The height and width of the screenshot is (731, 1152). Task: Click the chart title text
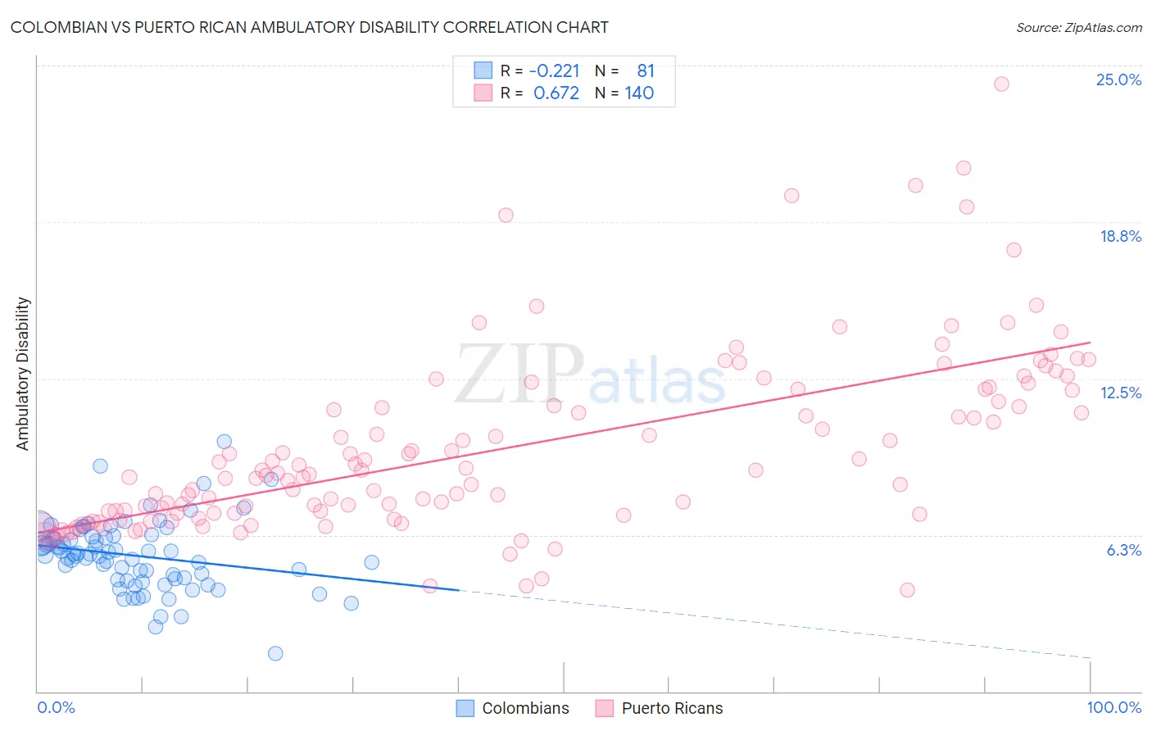tap(309, 27)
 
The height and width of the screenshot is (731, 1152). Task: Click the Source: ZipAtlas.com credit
tap(1078, 27)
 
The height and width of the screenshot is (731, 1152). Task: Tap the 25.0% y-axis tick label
tap(1118, 79)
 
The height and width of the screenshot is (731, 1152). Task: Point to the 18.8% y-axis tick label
tap(1120, 236)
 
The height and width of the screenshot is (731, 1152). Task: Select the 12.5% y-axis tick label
tap(1120, 393)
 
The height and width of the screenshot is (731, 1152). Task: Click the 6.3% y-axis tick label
tap(1123, 550)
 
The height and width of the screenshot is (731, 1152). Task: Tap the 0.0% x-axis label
tap(56, 708)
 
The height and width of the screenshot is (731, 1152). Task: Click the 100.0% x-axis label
tap(1113, 708)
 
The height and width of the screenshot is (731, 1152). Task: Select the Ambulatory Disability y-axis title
tap(23, 374)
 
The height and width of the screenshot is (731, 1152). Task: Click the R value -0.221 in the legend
tap(554, 71)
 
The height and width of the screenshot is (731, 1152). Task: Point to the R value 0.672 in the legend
tap(556, 93)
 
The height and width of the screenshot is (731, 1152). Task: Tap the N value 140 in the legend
tap(639, 93)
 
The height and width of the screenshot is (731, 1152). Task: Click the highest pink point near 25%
tap(1000, 84)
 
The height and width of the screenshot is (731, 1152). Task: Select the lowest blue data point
tap(275, 653)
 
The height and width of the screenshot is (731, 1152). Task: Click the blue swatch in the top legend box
tap(483, 71)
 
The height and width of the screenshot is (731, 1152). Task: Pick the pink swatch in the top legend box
tap(483, 93)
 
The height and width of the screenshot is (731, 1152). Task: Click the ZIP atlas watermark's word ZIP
tap(519, 375)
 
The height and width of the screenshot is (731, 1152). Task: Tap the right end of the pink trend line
tap(1090, 343)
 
